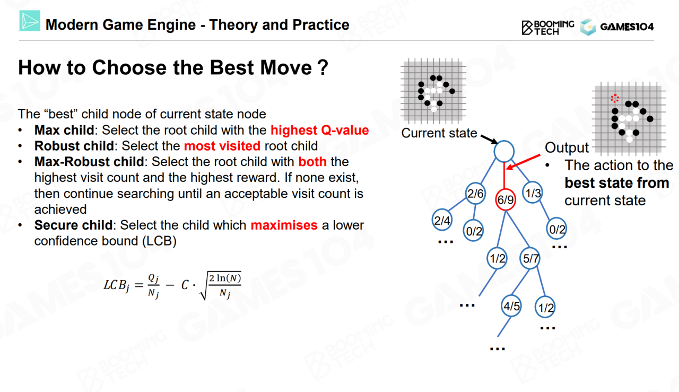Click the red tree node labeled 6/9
(506, 200)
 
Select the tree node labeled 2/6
(475, 194)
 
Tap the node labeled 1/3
(533, 193)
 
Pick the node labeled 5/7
(530, 259)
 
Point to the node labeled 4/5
(511, 306)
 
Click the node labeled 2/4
(442, 220)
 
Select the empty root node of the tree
(504, 151)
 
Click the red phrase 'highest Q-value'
(319, 130)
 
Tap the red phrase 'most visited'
(222, 146)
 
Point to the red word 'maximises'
(284, 225)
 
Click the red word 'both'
(312, 162)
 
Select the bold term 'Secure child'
(73, 225)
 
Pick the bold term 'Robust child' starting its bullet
(74, 146)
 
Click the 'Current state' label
(439, 133)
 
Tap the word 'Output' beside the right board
(567, 147)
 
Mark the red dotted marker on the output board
(615, 98)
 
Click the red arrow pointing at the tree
(523, 162)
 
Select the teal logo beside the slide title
(30, 21)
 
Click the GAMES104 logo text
(626, 27)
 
